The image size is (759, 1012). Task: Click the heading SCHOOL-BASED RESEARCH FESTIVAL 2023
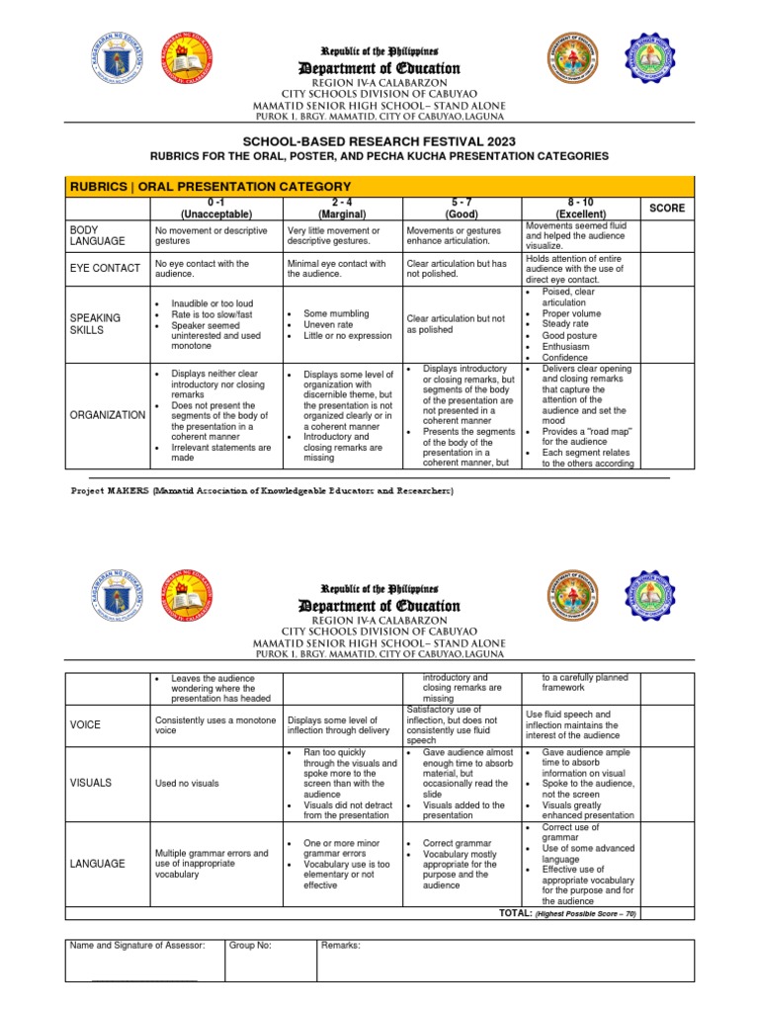click(379, 141)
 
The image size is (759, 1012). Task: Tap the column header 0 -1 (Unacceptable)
click(211, 208)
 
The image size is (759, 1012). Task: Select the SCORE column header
click(665, 209)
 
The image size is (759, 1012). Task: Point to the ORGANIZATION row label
click(107, 415)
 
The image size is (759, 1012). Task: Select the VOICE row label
click(86, 724)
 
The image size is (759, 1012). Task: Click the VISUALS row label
click(91, 782)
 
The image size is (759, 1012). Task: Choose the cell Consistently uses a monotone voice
click(214, 724)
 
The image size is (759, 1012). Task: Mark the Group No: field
click(250, 946)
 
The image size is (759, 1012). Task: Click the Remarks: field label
click(341, 946)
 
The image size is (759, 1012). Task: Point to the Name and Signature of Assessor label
click(137, 946)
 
